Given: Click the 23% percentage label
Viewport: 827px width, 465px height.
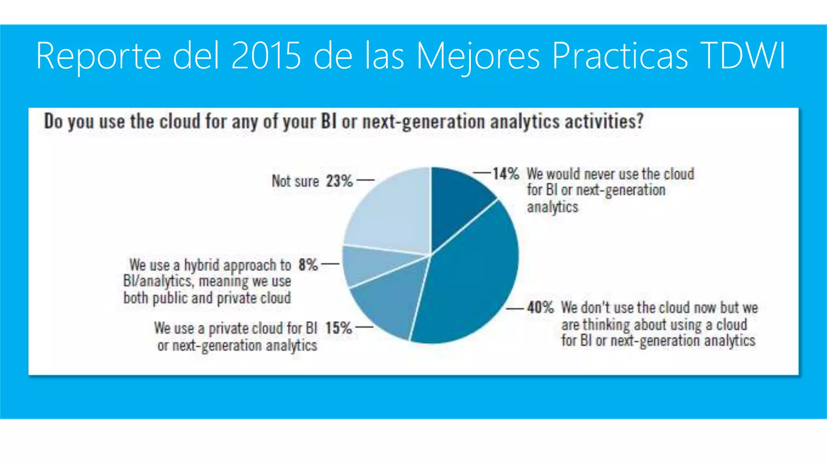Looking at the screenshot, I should pyautogui.click(x=339, y=181).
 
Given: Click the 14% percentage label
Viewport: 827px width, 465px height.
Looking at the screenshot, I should pyautogui.click(x=506, y=174).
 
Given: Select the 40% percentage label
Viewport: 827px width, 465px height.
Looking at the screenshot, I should pyautogui.click(x=540, y=308).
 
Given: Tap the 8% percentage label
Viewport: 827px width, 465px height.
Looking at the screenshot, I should pyautogui.click(x=308, y=265).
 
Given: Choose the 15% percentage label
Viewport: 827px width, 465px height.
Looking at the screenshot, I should pyautogui.click(x=338, y=328).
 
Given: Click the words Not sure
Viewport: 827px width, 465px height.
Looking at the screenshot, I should pyautogui.click(x=295, y=181).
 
